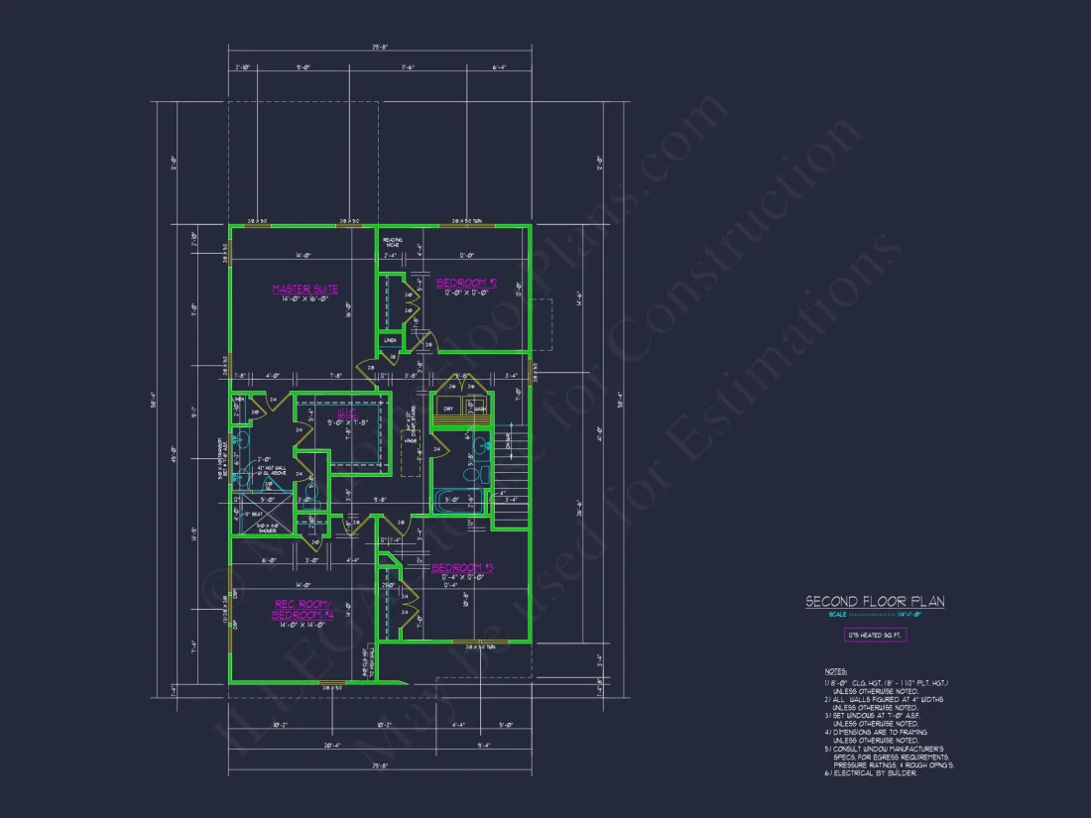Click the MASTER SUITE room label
click(x=304, y=290)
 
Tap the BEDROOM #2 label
click(x=465, y=283)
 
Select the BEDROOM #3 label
click(x=462, y=568)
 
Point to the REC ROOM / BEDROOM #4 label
click(x=303, y=609)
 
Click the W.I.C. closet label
click(x=347, y=414)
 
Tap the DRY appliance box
click(x=448, y=409)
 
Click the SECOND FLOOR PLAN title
click(x=874, y=602)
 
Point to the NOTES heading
click(x=835, y=671)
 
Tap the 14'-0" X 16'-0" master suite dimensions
click(x=304, y=299)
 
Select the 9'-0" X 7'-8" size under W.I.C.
click(x=348, y=424)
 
